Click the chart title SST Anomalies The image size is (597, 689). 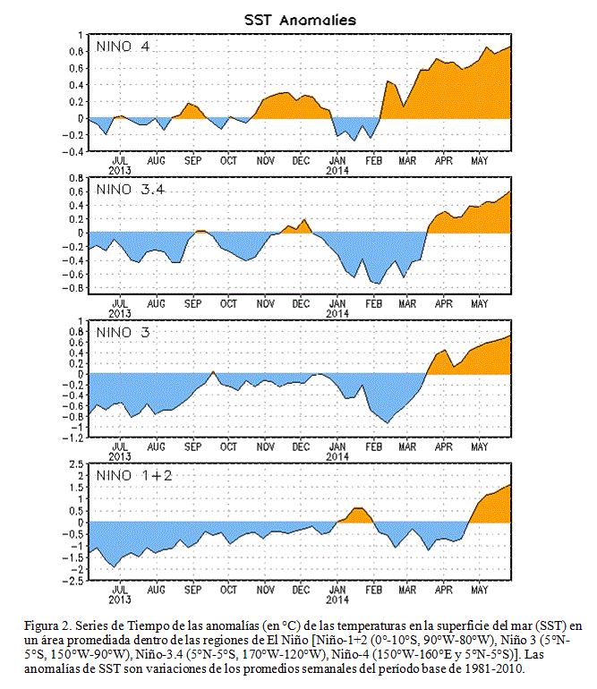[300, 20]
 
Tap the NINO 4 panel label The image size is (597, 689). [124, 47]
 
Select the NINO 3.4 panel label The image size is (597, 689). [130, 190]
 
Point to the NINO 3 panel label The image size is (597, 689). [124, 332]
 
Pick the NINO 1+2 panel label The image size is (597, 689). [134, 475]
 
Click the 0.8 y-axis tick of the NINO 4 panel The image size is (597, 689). [76, 51]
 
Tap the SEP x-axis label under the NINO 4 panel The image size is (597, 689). [192, 161]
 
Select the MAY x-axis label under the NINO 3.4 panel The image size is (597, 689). [479, 303]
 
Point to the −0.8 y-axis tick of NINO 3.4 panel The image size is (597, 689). [72, 288]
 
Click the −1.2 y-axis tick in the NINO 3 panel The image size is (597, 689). [72, 438]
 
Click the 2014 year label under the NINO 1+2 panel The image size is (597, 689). [337, 600]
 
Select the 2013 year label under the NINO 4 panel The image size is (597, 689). [120, 171]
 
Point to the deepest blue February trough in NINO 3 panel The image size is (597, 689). [387, 422]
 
